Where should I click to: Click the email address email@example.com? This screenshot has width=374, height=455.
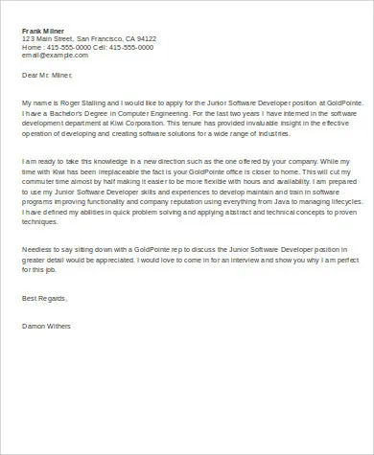pyautogui.click(x=49, y=55)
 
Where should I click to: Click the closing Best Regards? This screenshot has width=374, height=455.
pyautogui.click(x=42, y=298)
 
